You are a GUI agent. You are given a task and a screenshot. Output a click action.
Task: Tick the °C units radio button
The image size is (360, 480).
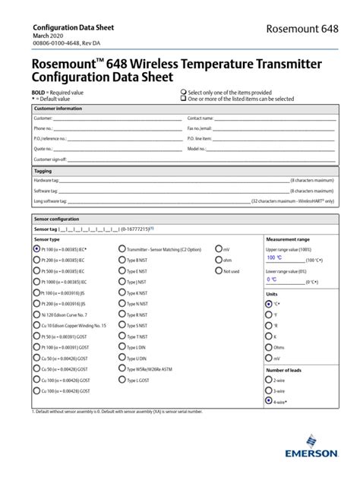click(x=269, y=304)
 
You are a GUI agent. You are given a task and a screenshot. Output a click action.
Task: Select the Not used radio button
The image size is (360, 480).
click(x=219, y=270)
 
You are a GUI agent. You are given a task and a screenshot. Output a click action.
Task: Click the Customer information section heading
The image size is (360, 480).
click(x=58, y=109)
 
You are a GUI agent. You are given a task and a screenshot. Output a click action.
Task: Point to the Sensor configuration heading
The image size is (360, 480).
click(x=58, y=218)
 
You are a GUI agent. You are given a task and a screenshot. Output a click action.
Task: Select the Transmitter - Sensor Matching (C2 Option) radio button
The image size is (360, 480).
click(x=122, y=248)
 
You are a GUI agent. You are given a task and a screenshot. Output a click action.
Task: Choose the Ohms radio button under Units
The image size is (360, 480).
click(x=269, y=344)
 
